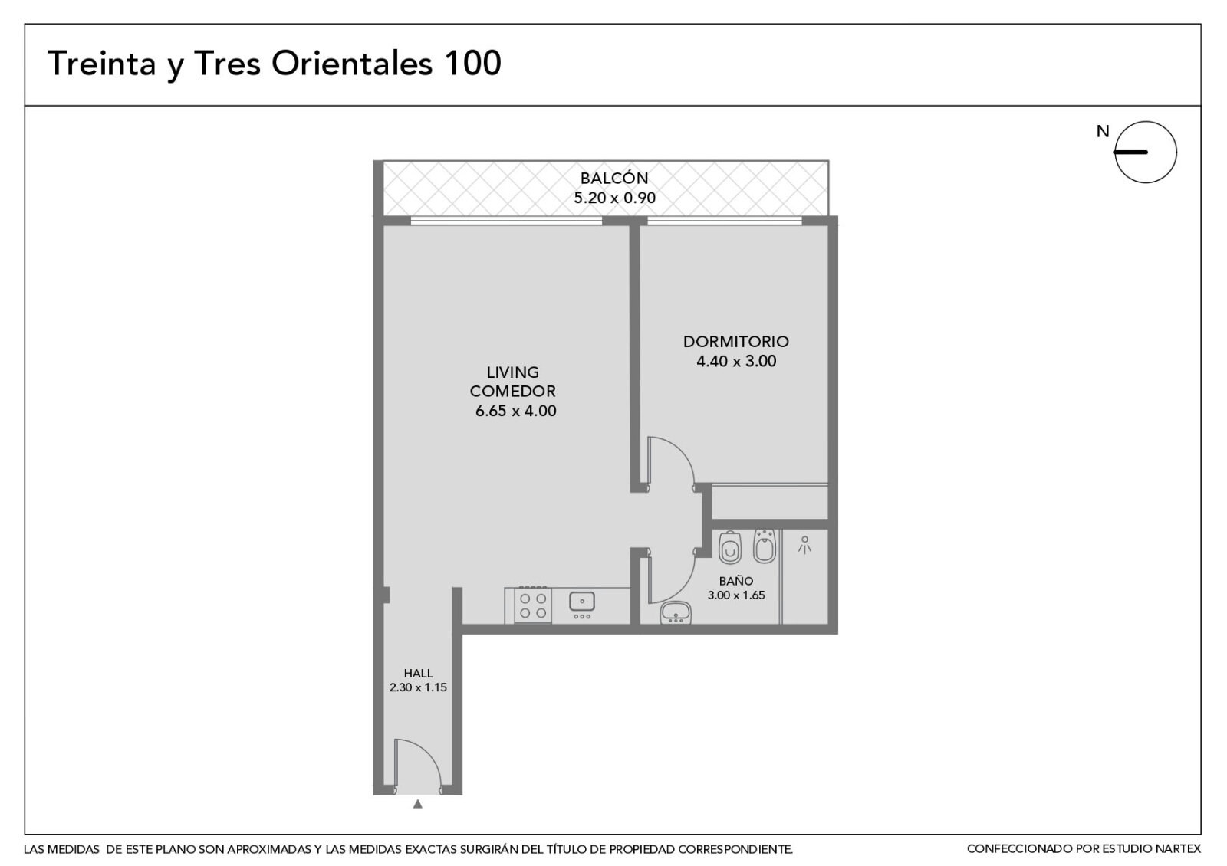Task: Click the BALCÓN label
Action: [614, 178]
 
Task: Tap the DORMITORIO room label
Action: [735, 342]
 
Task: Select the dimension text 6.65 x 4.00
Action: [515, 411]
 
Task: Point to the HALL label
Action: [418, 674]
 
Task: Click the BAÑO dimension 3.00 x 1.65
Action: [735, 595]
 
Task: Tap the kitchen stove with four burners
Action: [533, 605]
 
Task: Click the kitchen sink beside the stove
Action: [582, 601]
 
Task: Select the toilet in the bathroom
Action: [729, 547]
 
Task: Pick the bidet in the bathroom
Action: [764, 546]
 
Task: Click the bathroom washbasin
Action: [676, 612]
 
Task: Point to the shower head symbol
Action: [804, 545]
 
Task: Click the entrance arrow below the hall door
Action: [417, 804]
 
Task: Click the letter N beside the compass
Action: [1103, 131]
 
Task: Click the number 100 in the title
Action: [472, 63]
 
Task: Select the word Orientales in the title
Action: [352, 63]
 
